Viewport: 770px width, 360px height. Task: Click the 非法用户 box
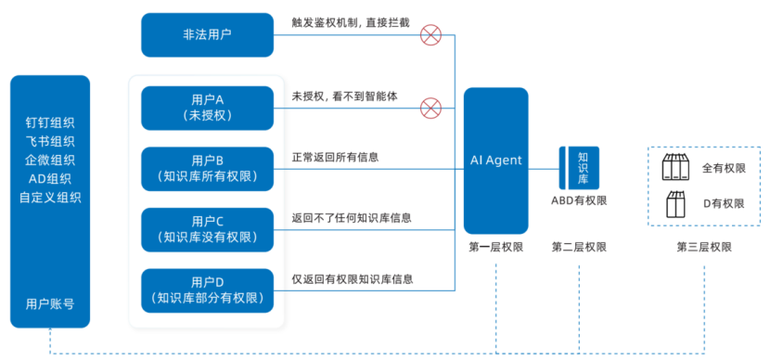pyautogui.click(x=207, y=34)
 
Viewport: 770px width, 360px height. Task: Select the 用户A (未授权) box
pyautogui.click(x=207, y=107)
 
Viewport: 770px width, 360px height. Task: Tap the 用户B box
pyautogui.click(x=207, y=167)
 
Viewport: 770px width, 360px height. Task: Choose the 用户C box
pyautogui.click(x=207, y=229)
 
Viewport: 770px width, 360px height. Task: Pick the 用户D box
pyautogui.click(x=207, y=290)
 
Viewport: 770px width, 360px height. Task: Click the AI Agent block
pyautogui.click(x=495, y=161)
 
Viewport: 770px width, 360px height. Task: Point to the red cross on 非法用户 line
pyautogui.click(x=430, y=35)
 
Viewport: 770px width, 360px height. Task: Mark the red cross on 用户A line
pyautogui.click(x=430, y=109)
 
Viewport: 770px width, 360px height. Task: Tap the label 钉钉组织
pyautogui.click(x=50, y=122)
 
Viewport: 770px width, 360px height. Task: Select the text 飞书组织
pyautogui.click(x=50, y=141)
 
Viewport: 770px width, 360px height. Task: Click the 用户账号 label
pyautogui.click(x=50, y=303)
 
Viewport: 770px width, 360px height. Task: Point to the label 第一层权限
pyautogui.click(x=495, y=247)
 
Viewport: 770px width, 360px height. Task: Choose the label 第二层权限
pyautogui.click(x=579, y=247)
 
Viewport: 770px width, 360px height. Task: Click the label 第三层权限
pyautogui.click(x=703, y=247)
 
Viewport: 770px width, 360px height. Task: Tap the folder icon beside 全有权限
pyautogui.click(x=675, y=168)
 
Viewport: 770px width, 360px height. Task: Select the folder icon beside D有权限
pyautogui.click(x=675, y=202)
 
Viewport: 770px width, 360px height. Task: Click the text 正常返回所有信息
pyautogui.click(x=335, y=157)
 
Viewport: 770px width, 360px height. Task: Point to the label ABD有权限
pyautogui.click(x=579, y=199)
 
